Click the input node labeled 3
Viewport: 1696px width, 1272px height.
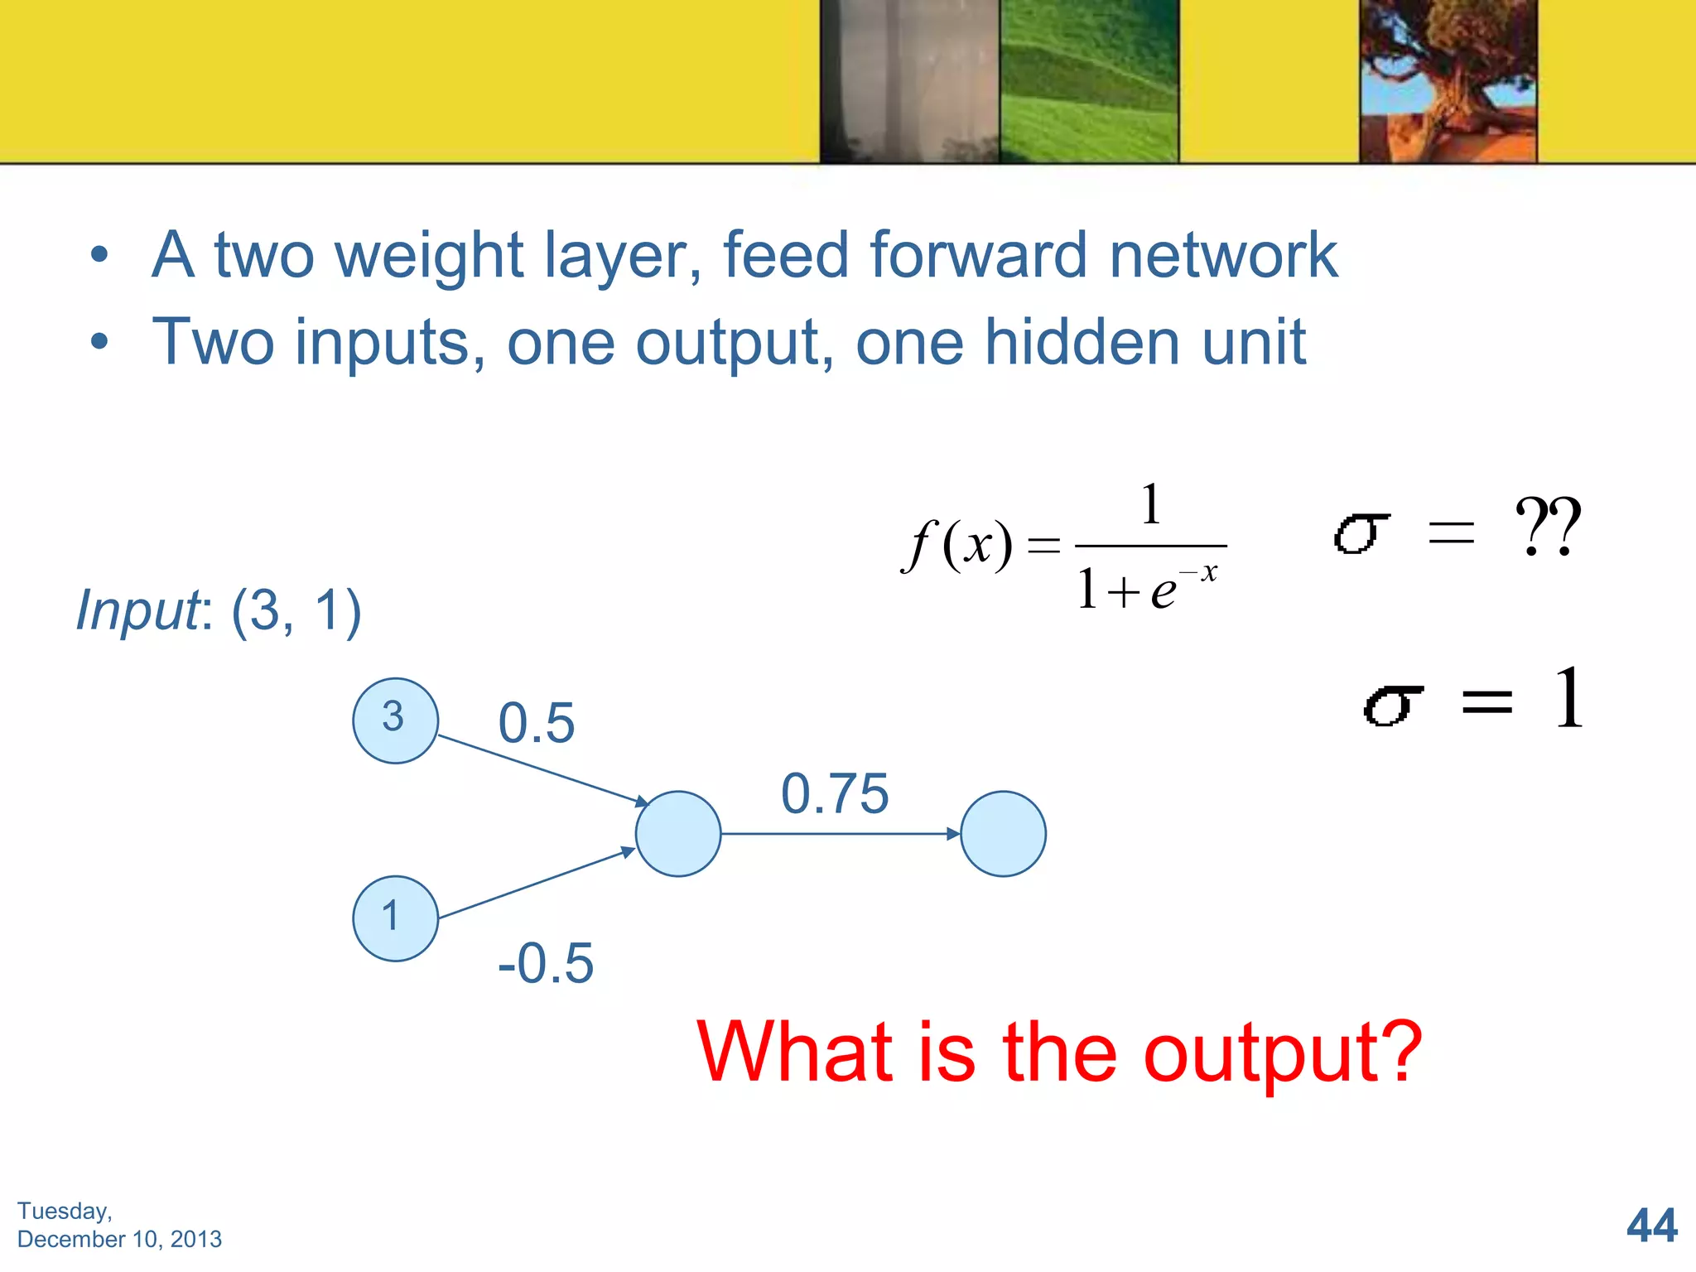pos(395,720)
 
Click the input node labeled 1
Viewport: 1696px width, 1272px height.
pos(395,918)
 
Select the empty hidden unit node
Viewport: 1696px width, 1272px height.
pos(678,834)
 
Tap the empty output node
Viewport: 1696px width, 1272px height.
pos(1003,834)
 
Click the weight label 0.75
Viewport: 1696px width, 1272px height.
pos(835,793)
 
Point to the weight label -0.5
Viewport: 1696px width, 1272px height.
pos(546,963)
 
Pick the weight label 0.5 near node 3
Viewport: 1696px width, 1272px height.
pos(536,723)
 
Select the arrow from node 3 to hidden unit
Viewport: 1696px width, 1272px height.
pos(542,769)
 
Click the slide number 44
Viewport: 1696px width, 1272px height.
pos(1651,1226)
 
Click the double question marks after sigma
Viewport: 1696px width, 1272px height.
pos(1547,527)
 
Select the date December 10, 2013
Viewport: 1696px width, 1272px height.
pos(119,1239)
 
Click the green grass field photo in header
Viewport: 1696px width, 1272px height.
pos(1088,81)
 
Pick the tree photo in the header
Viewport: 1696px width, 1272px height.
pos(1448,81)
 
